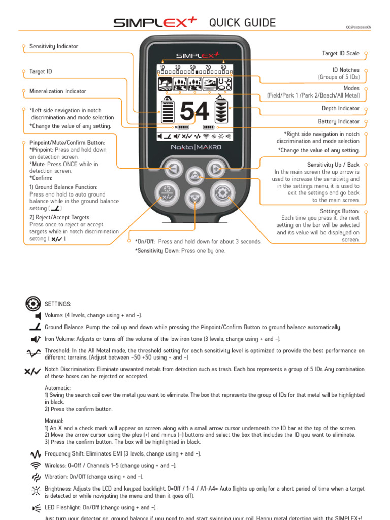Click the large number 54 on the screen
(x=194, y=111)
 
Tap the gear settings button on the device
(x=221, y=192)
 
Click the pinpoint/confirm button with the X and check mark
(x=166, y=192)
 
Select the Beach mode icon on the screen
(x=210, y=84)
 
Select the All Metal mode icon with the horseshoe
(x=224, y=84)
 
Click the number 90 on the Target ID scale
(x=223, y=67)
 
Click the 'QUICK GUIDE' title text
(x=242, y=23)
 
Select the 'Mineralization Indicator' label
(x=57, y=91)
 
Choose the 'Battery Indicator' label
(x=338, y=122)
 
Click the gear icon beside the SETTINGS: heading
(x=32, y=304)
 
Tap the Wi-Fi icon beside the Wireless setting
(x=35, y=465)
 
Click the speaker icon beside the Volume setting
(x=38, y=315)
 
